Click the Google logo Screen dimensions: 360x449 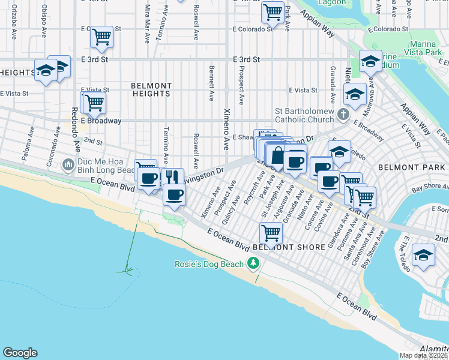20,353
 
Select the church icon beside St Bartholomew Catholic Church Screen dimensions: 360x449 343,114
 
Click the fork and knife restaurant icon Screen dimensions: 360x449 172,177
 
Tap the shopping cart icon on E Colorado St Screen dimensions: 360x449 101,37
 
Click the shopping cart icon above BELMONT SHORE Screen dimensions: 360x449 271,232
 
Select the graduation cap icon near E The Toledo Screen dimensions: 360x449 423,254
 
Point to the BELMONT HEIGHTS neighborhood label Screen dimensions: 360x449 151,90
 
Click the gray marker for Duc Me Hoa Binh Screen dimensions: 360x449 68,164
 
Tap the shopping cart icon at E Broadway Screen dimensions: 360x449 94,103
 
